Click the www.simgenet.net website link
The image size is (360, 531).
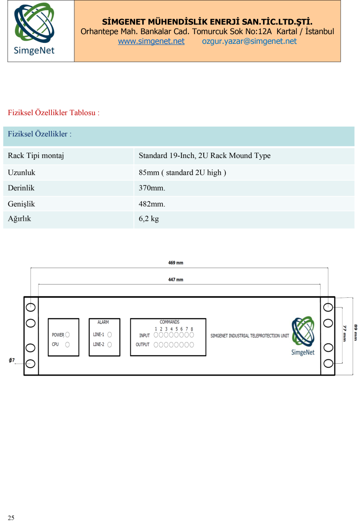pos(151,41)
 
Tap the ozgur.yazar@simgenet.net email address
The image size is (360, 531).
pos(249,41)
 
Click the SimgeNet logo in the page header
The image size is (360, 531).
pos(35,29)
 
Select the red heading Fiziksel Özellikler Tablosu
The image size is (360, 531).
pos(54,112)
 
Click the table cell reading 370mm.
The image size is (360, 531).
pos(152,188)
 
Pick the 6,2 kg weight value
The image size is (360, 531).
pos(149,218)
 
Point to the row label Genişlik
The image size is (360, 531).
pos(21,204)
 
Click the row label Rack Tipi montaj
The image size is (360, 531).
pos(36,155)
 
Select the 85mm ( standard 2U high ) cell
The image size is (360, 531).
pos(182,172)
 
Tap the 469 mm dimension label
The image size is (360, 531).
pos(176,263)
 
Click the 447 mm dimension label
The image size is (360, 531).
pos(176,280)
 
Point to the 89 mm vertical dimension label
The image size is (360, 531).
pos(355,333)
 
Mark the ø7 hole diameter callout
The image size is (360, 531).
pos(12,360)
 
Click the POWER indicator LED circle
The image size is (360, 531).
pos(67,335)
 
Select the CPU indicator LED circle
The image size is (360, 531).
pos(67,344)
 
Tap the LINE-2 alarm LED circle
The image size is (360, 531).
pos(109,344)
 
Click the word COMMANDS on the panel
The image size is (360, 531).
pos(169,322)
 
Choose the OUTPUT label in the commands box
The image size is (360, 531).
pos(143,344)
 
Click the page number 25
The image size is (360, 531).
pos(11,518)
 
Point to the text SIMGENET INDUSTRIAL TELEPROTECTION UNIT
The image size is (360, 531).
pos(250,336)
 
